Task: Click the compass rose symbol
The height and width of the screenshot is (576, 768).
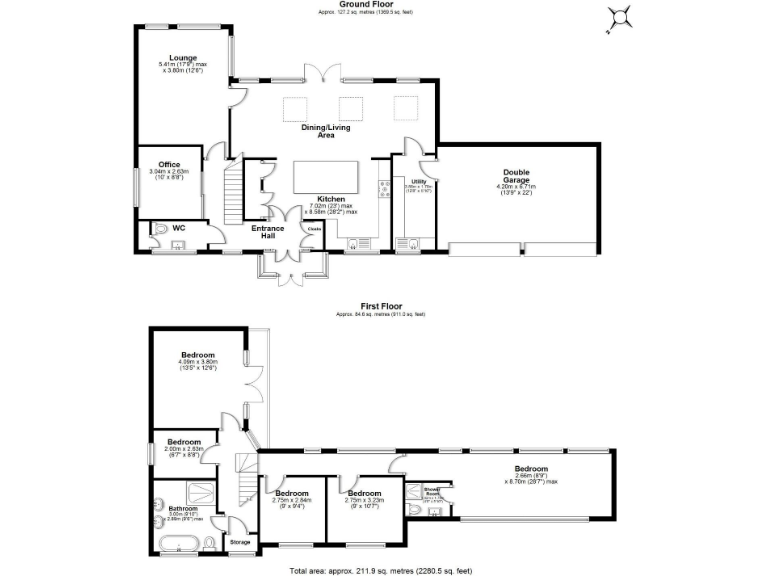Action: click(x=621, y=18)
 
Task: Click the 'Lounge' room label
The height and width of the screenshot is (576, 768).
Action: click(x=182, y=59)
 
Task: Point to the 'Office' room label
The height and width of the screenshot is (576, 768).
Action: click(x=169, y=164)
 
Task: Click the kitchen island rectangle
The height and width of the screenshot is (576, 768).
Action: click(x=326, y=178)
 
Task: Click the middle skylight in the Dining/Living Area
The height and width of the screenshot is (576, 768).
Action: click(x=350, y=107)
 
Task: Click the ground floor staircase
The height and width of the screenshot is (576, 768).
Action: click(x=231, y=195)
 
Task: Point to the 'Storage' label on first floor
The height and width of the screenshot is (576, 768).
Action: click(x=240, y=542)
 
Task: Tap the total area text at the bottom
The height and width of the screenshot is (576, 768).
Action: click(x=380, y=570)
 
